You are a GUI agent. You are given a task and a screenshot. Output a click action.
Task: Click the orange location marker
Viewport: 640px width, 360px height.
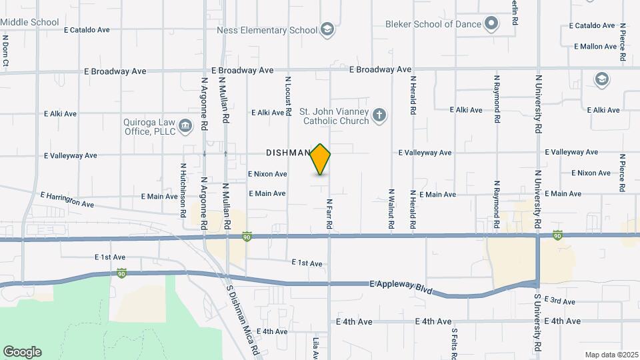[321, 159]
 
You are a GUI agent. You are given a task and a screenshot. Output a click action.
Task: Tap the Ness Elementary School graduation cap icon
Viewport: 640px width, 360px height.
[327, 29]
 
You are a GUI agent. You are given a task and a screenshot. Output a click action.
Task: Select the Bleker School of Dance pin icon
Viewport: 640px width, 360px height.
[491, 24]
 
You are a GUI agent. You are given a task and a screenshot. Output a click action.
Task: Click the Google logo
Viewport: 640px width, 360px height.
[22, 352]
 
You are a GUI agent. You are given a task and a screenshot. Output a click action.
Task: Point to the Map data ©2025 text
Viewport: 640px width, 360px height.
[610, 355]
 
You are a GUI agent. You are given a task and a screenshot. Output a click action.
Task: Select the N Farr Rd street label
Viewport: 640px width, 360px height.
[329, 213]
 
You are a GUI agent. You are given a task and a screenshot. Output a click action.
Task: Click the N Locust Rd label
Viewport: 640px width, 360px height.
[289, 97]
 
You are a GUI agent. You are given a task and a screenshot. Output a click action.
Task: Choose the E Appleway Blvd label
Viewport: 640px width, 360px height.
[400, 287]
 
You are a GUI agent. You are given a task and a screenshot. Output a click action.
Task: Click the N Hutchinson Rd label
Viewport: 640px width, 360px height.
[183, 191]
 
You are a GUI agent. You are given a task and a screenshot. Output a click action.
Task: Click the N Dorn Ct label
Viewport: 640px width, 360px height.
[5, 52]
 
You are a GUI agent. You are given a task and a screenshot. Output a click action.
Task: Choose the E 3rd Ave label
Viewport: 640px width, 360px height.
[559, 301]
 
